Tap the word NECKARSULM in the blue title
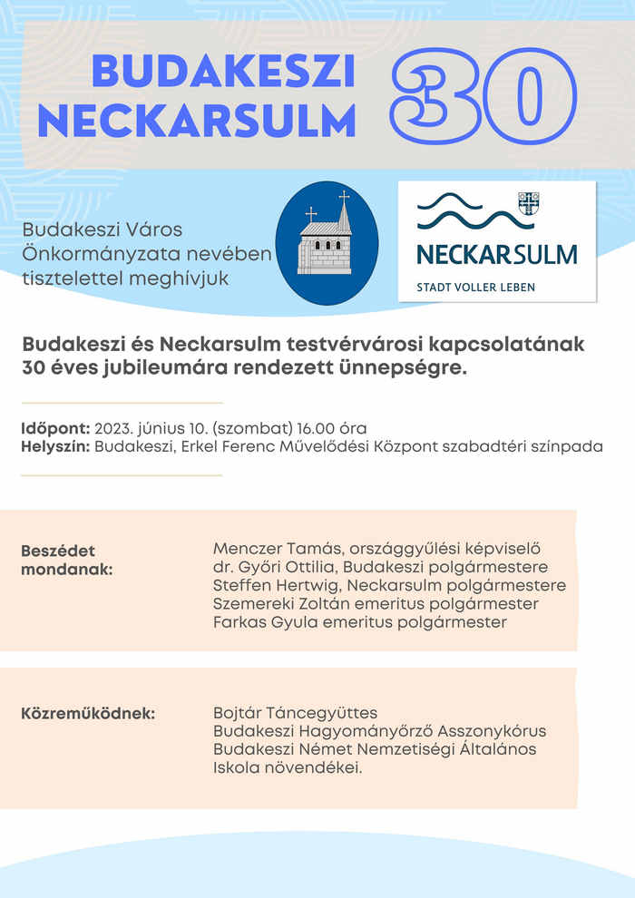point(197,121)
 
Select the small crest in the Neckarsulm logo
point(528,203)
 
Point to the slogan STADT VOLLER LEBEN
point(475,288)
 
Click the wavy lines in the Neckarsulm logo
point(463,210)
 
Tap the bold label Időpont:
point(55,428)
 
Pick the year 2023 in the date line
point(112,428)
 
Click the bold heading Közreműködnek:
point(88,713)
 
